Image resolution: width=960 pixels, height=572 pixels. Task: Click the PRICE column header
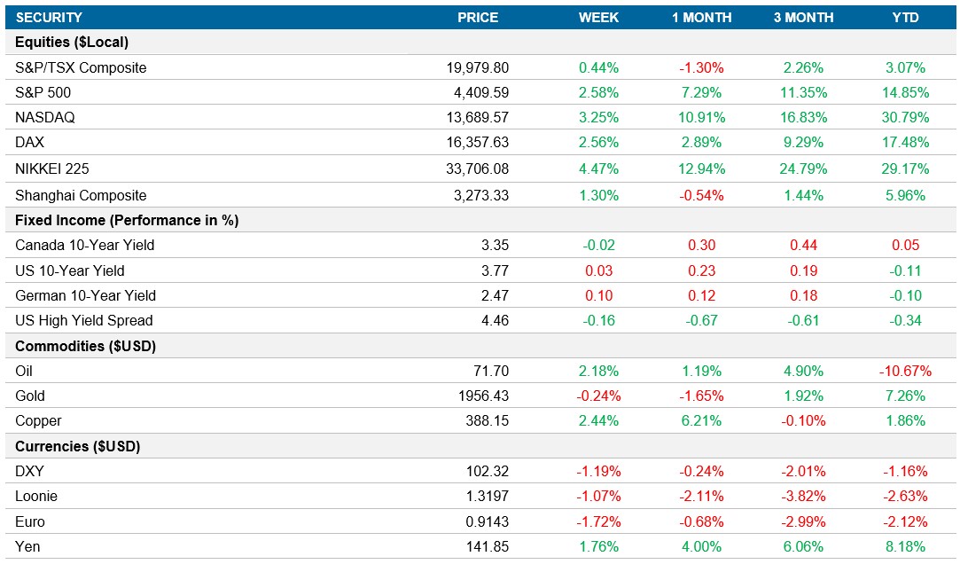(x=478, y=18)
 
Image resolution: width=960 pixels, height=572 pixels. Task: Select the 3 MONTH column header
(x=803, y=18)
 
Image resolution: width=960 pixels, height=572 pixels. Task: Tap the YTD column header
(x=905, y=18)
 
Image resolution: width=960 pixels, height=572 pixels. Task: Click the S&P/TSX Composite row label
(x=81, y=67)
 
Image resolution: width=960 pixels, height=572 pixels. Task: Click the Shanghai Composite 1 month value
(x=700, y=195)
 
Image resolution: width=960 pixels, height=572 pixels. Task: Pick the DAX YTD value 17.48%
(x=905, y=143)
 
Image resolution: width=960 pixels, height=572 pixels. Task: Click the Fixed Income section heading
(x=127, y=220)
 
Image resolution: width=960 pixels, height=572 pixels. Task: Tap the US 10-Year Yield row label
(x=70, y=270)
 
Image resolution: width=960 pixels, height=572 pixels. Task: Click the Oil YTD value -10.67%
(x=902, y=371)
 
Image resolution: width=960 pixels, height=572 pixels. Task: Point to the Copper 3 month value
(x=803, y=420)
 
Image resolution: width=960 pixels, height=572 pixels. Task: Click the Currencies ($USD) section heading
(x=78, y=446)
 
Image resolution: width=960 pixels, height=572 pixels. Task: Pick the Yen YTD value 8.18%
(x=905, y=546)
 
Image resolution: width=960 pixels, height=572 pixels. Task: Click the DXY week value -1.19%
(x=598, y=471)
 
